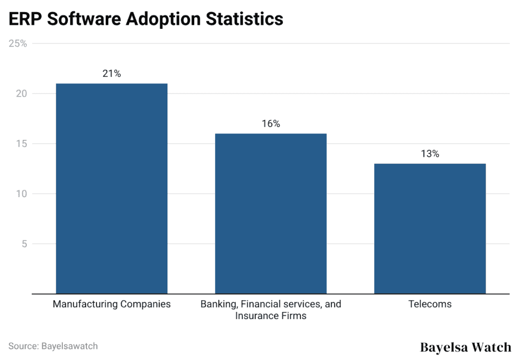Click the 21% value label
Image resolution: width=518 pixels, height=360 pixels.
[112, 74]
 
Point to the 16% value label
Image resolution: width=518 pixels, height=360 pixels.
[271, 124]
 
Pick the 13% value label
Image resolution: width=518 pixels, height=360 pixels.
[429, 154]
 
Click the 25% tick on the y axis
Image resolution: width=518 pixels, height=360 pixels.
[18, 44]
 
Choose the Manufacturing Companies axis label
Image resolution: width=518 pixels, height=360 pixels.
[112, 304]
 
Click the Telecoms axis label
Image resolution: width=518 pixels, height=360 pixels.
[429, 304]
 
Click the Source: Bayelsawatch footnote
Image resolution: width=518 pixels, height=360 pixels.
[53, 346]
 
